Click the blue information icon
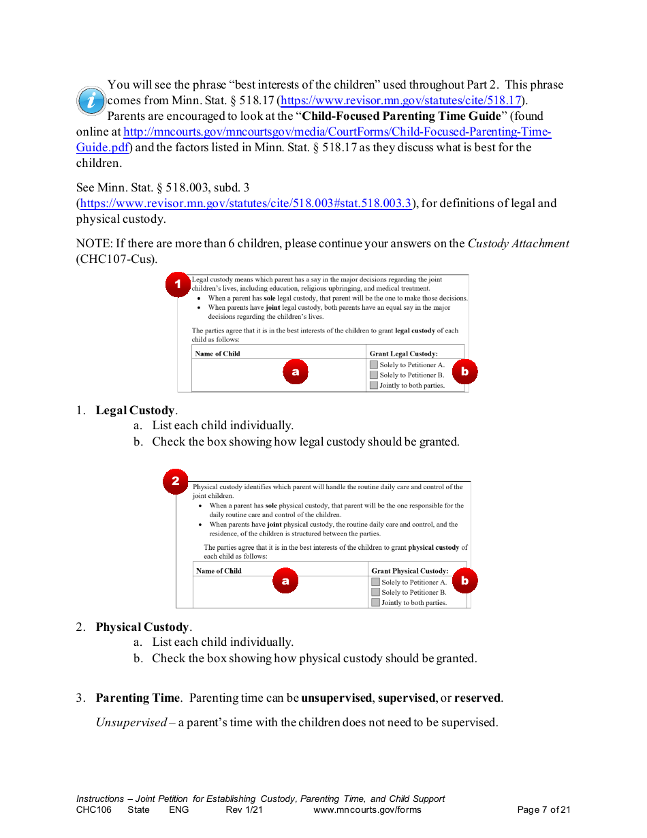pos(91,101)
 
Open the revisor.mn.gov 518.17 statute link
pos(401,101)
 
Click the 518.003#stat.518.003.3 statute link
pos(246,204)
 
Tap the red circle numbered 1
pos(178,284)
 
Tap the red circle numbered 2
pos(175,482)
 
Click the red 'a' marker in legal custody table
pos(295,372)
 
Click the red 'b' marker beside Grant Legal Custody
pos(464,372)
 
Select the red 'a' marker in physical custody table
pos(285,581)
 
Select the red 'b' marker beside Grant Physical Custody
pos(464,581)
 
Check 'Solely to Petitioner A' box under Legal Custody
pos(373,365)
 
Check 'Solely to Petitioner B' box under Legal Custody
pos(373,375)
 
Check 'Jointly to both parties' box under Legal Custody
pos(373,386)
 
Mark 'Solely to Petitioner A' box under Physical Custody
pos(375,583)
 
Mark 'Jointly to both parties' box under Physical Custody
pos(375,603)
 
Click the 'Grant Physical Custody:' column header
pos(409,571)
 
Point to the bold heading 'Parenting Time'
pos(138,698)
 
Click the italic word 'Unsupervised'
pos(131,723)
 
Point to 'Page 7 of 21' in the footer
pos(543,810)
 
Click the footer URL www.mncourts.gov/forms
pos(367,810)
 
